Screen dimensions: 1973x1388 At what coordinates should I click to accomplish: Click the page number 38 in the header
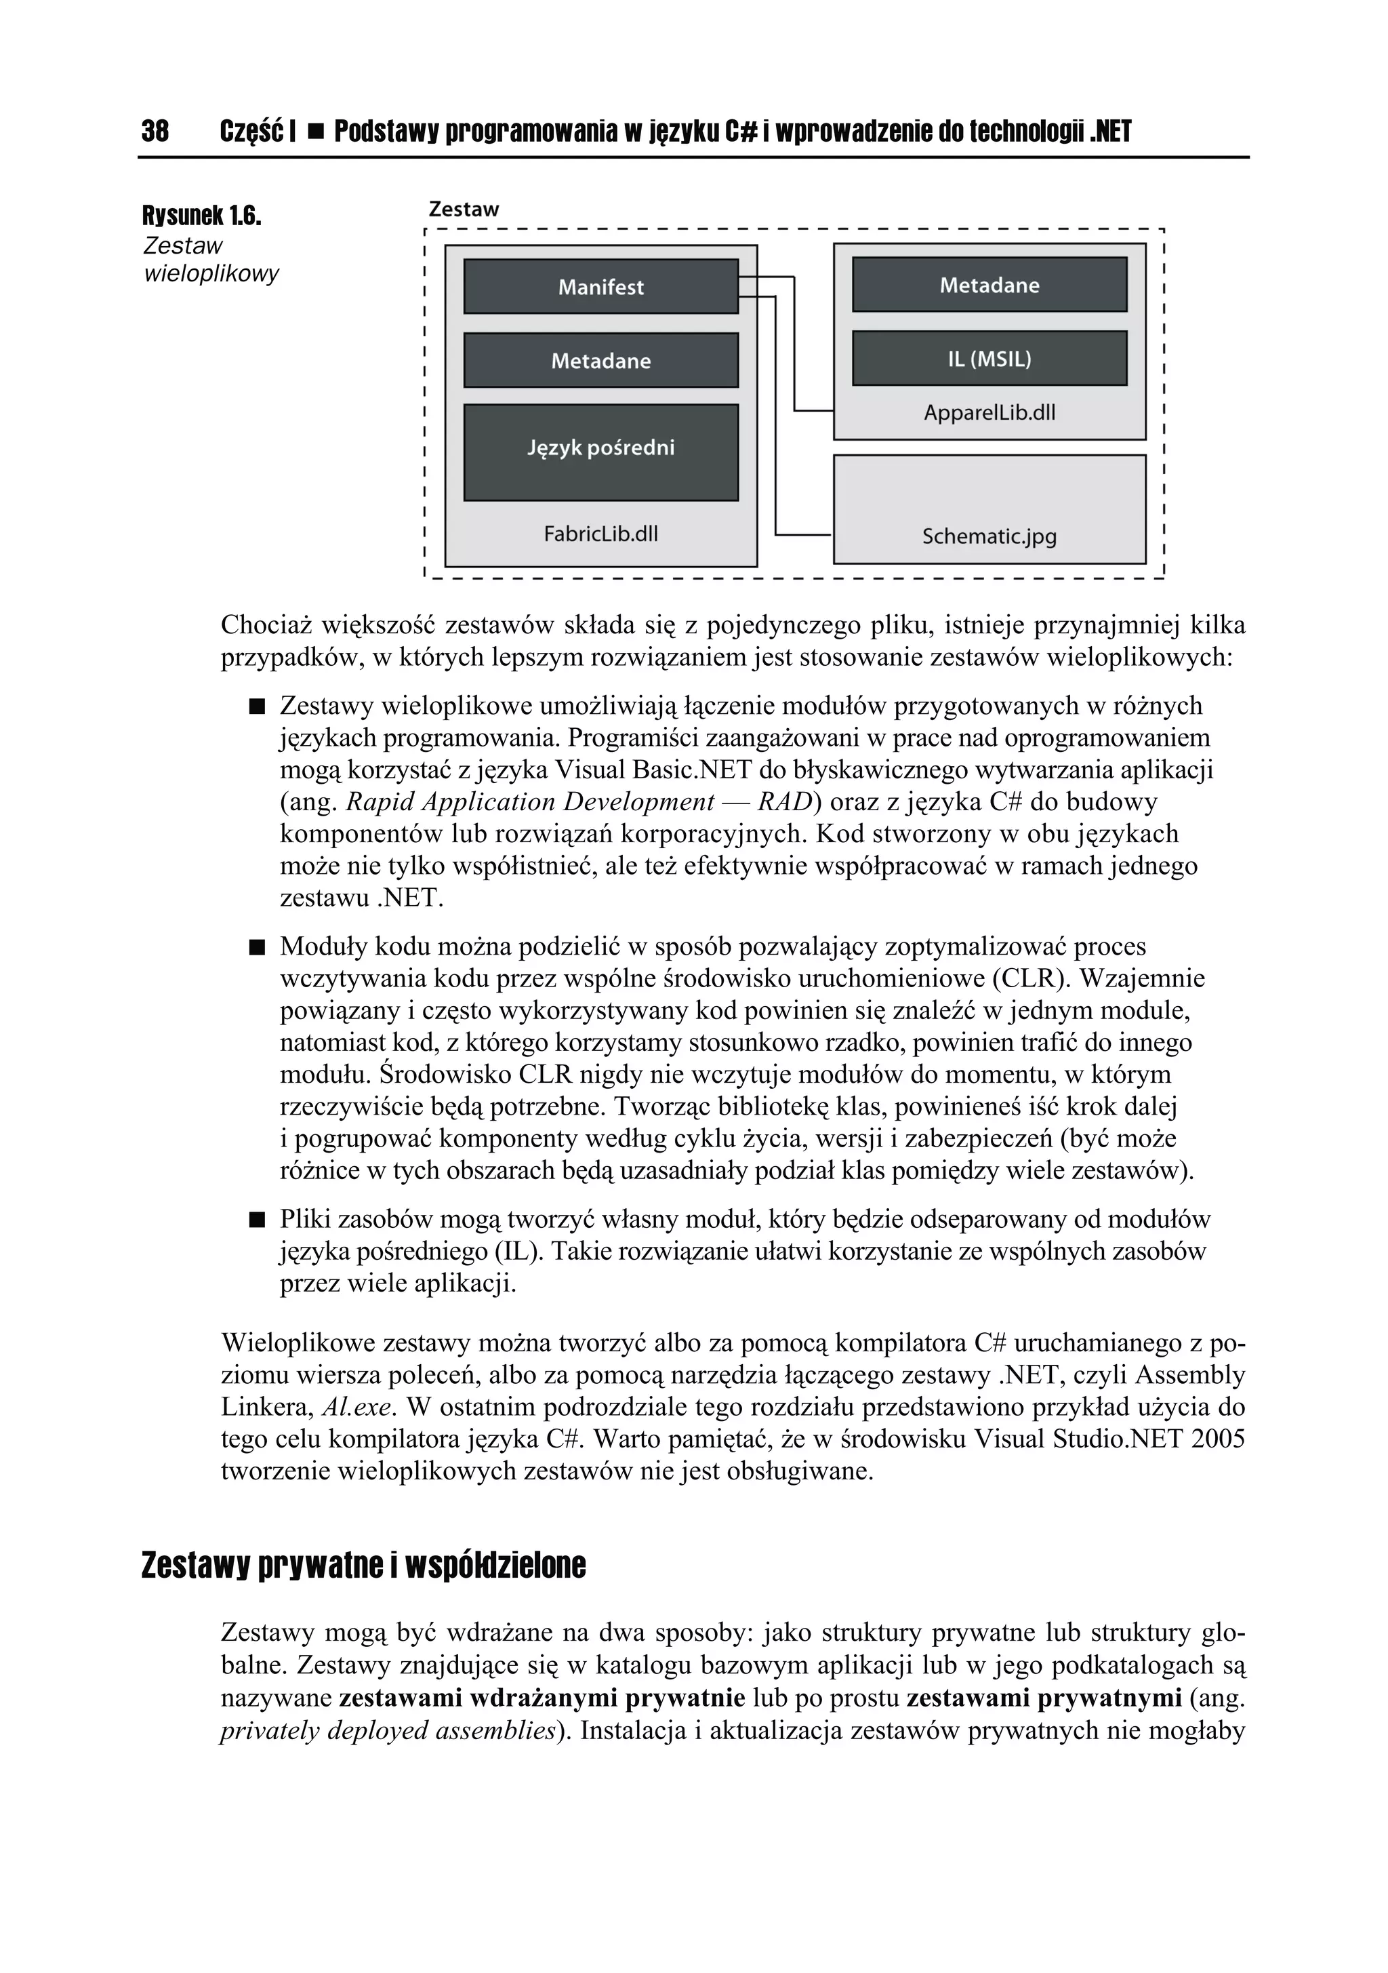[x=155, y=132]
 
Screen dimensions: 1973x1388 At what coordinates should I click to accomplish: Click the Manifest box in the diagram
[x=600, y=287]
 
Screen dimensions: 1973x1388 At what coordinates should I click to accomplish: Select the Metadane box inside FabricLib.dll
[x=600, y=361]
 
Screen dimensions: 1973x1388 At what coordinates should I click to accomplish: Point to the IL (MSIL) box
[x=989, y=359]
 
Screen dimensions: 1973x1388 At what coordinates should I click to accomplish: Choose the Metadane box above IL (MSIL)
[x=989, y=285]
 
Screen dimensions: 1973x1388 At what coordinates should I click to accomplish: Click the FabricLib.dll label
[x=600, y=534]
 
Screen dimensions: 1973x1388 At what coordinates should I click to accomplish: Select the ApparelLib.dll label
[x=989, y=412]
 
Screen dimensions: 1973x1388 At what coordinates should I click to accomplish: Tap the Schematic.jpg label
[x=989, y=536]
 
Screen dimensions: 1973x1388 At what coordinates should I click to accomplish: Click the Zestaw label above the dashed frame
[x=463, y=209]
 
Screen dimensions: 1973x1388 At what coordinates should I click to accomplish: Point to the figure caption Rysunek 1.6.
[x=201, y=216]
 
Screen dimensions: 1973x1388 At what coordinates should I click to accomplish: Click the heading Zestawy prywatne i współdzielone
[x=363, y=1566]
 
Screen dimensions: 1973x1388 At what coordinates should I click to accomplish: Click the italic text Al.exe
[x=357, y=1408]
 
